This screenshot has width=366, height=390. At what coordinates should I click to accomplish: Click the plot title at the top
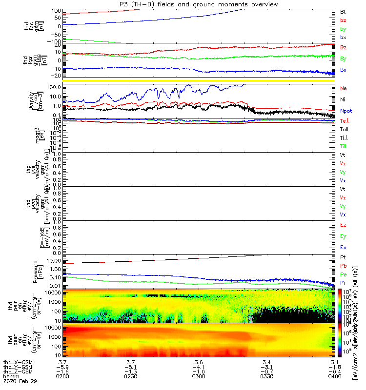click(x=195, y=4)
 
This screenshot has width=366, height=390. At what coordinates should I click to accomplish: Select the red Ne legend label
click(x=343, y=89)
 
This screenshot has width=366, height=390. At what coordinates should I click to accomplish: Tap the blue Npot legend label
click(x=346, y=111)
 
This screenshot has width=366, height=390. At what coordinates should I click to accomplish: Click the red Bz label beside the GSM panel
click(x=343, y=48)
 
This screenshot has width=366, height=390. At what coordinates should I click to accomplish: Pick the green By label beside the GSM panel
click(x=343, y=59)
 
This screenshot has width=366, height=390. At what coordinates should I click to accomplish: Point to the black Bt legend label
click(x=343, y=11)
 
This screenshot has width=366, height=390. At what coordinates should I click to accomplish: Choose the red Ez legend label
click(x=343, y=225)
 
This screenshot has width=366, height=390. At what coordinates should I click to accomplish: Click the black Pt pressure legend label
click(x=343, y=257)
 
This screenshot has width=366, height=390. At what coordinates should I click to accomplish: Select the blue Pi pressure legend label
click(x=343, y=283)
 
